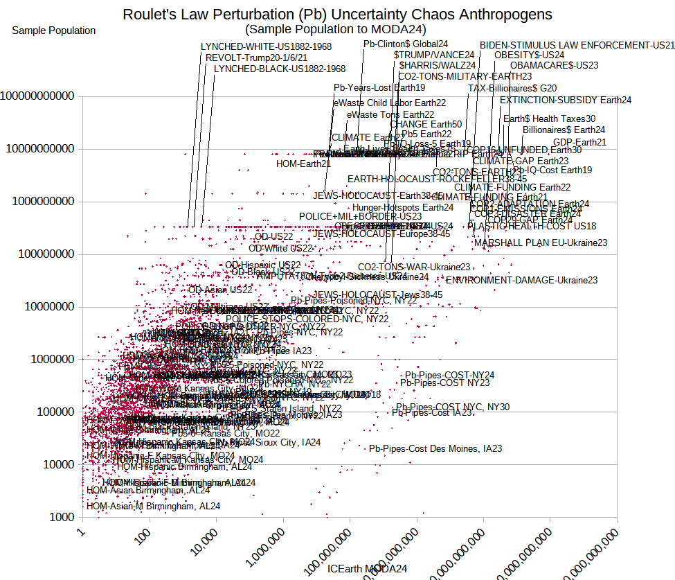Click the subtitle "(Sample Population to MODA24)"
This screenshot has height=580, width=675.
335,29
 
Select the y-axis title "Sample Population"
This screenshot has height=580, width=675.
54,30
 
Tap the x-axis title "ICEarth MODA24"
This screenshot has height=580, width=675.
367,569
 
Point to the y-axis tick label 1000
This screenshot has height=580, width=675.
62,517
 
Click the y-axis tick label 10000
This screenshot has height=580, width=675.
60,464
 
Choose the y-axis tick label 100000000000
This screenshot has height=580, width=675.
37,96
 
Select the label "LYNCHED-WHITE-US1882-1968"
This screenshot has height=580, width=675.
266,46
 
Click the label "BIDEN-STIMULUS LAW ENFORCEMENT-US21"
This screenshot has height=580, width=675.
577,45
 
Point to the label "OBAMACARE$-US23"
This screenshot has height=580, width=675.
554,66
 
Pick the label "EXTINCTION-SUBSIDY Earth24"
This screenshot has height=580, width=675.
566,100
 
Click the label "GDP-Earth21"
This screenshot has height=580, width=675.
579,143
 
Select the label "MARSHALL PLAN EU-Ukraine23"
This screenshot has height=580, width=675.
541,243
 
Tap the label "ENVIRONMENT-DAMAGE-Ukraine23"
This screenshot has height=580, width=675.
521,281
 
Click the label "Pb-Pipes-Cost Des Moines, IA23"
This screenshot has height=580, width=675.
435,449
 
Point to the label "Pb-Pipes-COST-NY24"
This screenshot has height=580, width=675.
449,375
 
